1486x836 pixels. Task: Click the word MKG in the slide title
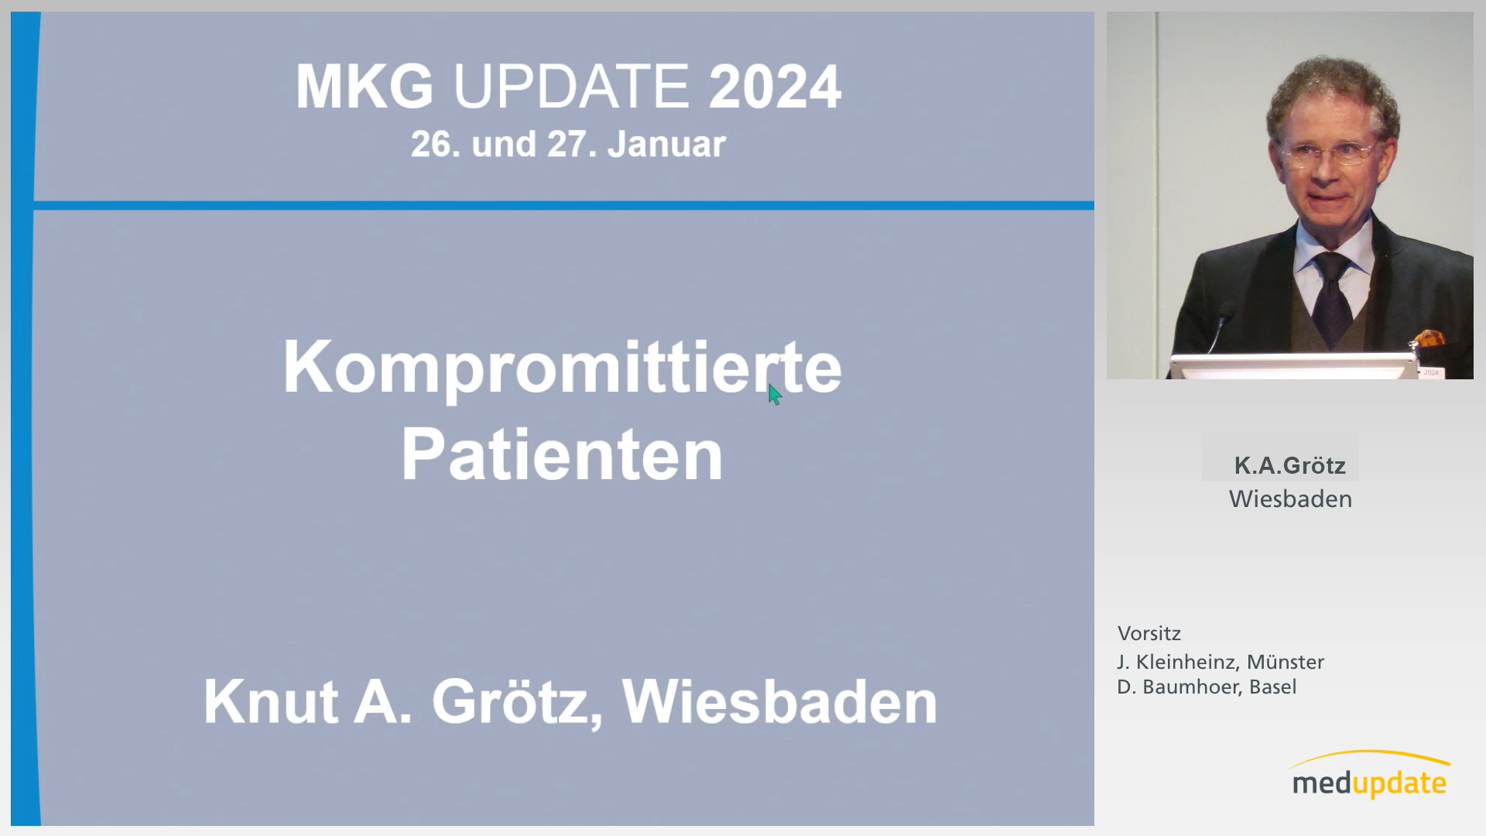pos(365,86)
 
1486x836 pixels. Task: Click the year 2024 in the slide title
pos(775,86)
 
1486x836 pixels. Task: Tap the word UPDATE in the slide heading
pos(571,86)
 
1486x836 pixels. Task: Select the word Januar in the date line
pos(666,144)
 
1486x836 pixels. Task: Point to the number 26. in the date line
pos(435,144)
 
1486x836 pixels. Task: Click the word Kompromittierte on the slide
pos(563,368)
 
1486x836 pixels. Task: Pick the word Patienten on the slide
pos(563,455)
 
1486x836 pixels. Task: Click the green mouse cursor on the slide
pos(774,394)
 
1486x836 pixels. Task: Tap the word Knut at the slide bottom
pos(271,701)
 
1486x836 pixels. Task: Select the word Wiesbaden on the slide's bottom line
pos(779,701)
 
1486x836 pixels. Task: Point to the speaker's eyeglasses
pos(1330,152)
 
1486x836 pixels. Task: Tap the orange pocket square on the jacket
pos(1429,338)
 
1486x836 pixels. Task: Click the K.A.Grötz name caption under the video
pos(1289,465)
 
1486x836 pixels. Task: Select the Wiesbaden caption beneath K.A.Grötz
pos(1290,499)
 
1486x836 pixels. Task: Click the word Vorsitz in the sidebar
pos(1149,633)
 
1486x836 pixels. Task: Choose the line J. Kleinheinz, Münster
pos(1221,662)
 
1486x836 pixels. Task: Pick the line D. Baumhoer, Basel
pos(1207,687)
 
